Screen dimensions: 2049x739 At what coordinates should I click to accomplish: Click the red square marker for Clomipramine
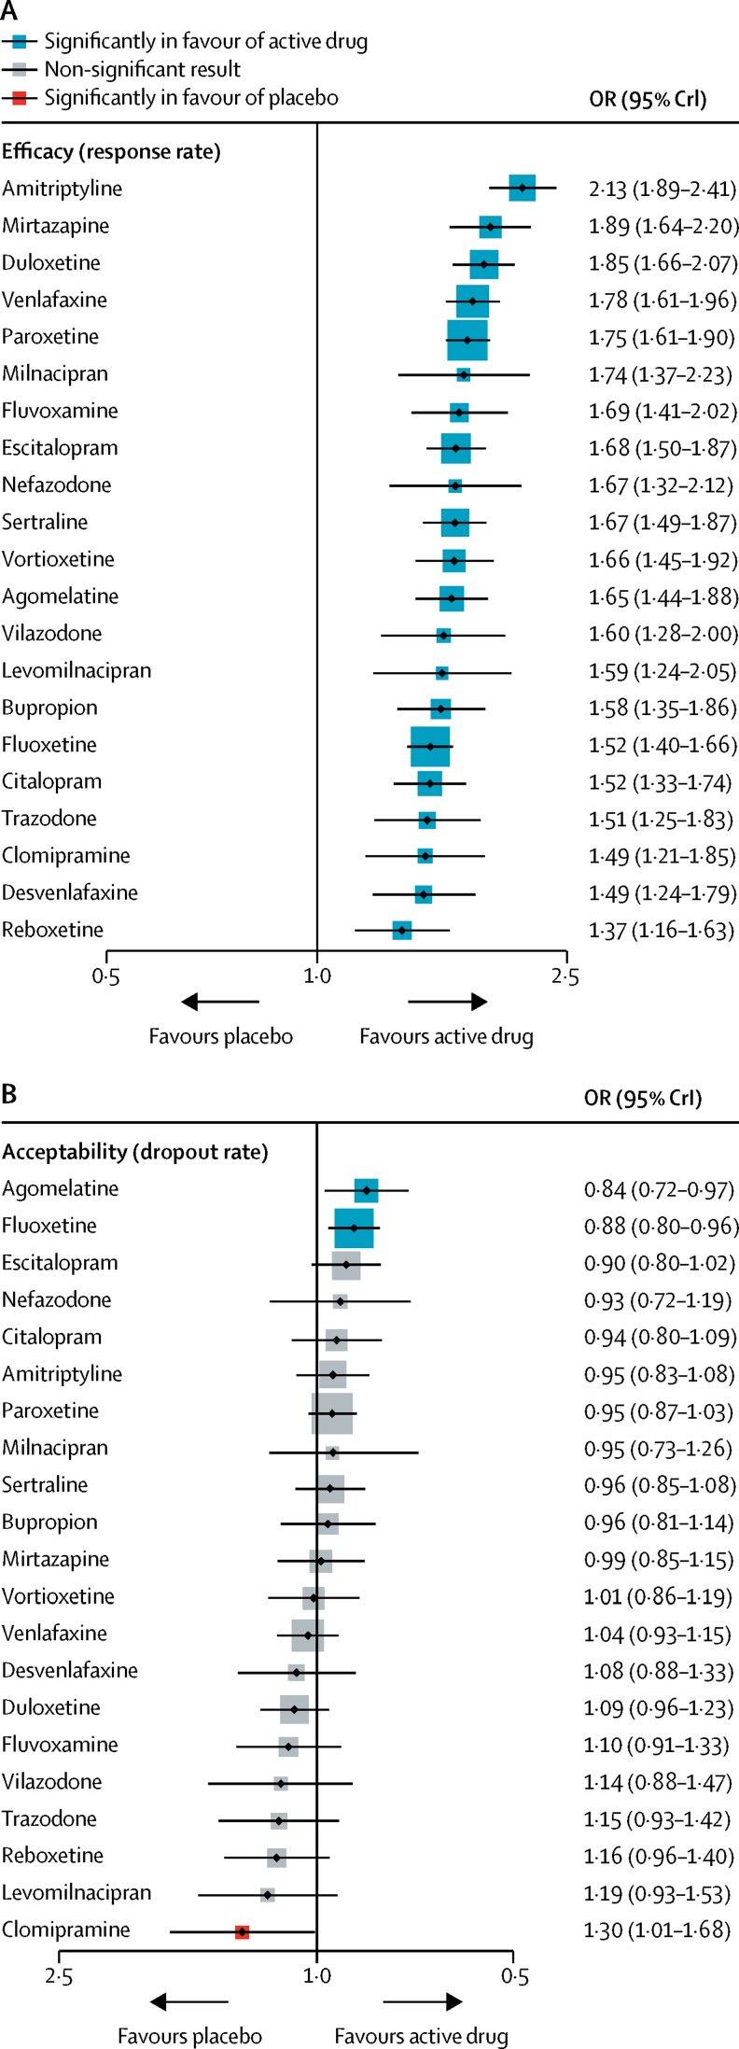click(242, 1931)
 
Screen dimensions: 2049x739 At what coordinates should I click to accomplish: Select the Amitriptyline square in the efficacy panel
click(522, 188)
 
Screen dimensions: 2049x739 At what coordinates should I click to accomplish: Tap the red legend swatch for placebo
click(19, 97)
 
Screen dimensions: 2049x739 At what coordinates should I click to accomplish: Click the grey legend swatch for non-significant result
click(19, 69)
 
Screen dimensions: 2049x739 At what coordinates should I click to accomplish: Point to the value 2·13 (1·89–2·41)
click(662, 189)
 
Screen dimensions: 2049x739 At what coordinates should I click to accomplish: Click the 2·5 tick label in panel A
click(565, 976)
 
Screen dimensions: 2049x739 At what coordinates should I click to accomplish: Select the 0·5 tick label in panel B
click(514, 1977)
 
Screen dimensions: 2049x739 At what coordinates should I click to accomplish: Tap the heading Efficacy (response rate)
click(111, 151)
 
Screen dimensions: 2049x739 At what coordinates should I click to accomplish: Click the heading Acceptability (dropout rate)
click(134, 1152)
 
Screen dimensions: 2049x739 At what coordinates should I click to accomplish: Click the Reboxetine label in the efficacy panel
click(52, 930)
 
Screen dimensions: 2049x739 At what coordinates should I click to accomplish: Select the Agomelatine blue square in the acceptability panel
click(367, 1190)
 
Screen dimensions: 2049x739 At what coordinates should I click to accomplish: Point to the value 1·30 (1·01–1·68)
click(656, 1930)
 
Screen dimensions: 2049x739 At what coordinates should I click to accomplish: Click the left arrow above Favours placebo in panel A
click(220, 1002)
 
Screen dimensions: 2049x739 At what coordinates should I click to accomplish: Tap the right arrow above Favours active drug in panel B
click(423, 2001)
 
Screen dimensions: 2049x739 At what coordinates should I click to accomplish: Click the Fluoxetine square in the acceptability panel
click(354, 1228)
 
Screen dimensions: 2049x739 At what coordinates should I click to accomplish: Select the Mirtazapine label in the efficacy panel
click(55, 226)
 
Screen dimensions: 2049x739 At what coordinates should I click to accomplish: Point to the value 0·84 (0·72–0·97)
click(659, 1189)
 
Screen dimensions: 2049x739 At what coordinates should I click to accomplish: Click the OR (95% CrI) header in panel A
click(648, 99)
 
